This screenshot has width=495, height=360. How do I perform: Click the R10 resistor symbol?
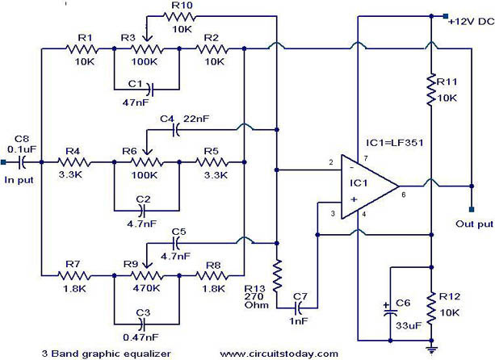tap(179, 16)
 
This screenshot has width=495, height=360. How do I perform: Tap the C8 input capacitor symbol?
tap(22, 162)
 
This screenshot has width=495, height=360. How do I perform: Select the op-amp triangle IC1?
tap(370, 186)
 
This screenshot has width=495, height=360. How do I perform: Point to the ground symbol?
tap(431, 349)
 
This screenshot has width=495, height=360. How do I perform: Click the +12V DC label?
tap(472, 22)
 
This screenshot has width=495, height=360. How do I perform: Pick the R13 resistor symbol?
tap(277, 275)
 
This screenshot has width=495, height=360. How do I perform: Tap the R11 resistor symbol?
tap(431, 90)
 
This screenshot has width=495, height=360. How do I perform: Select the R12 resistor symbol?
tap(431, 308)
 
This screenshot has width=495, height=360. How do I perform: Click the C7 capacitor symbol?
tap(298, 308)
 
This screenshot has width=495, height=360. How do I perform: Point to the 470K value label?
tap(146, 288)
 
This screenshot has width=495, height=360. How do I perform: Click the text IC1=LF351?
tap(395, 143)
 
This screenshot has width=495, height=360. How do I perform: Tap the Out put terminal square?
tap(472, 209)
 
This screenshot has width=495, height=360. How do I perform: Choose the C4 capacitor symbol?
tap(176, 129)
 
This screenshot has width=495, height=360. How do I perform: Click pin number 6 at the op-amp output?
tap(404, 195)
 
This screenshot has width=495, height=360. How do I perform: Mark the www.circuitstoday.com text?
tap(279, 354)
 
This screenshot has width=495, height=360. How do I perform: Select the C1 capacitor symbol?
tap(150, 90)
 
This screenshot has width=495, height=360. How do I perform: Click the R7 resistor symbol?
tap(74, 276)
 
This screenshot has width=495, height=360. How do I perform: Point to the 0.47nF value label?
tap(141, 337)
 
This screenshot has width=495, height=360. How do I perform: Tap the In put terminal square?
tap(3, 162)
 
